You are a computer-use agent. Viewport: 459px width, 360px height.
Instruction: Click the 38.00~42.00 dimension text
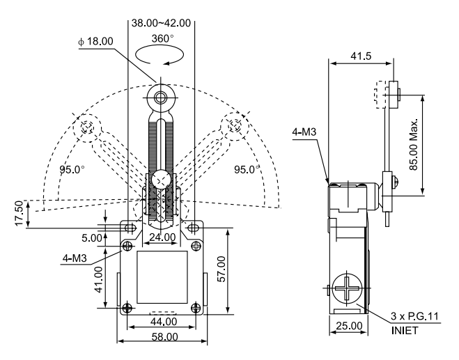coord(161,23)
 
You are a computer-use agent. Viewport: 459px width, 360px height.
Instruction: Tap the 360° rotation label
coord(162,38)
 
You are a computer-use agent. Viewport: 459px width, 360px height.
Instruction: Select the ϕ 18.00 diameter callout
coord(95,41)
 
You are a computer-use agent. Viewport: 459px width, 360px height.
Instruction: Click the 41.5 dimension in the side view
coord(361,56)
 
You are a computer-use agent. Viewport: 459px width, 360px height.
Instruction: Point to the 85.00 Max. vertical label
coord(413,144)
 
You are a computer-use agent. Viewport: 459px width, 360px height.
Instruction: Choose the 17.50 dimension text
coord(19,213)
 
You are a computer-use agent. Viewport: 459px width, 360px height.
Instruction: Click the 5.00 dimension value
coord(92,238)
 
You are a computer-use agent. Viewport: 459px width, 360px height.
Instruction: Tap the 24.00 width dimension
coord(162,237)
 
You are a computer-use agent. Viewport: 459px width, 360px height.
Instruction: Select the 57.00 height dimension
coord(222,269)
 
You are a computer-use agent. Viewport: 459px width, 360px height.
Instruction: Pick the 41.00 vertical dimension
coord(99,279)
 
